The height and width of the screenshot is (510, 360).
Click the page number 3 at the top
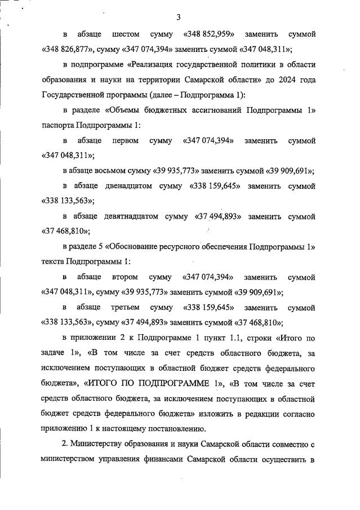click(x=178, y=17)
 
